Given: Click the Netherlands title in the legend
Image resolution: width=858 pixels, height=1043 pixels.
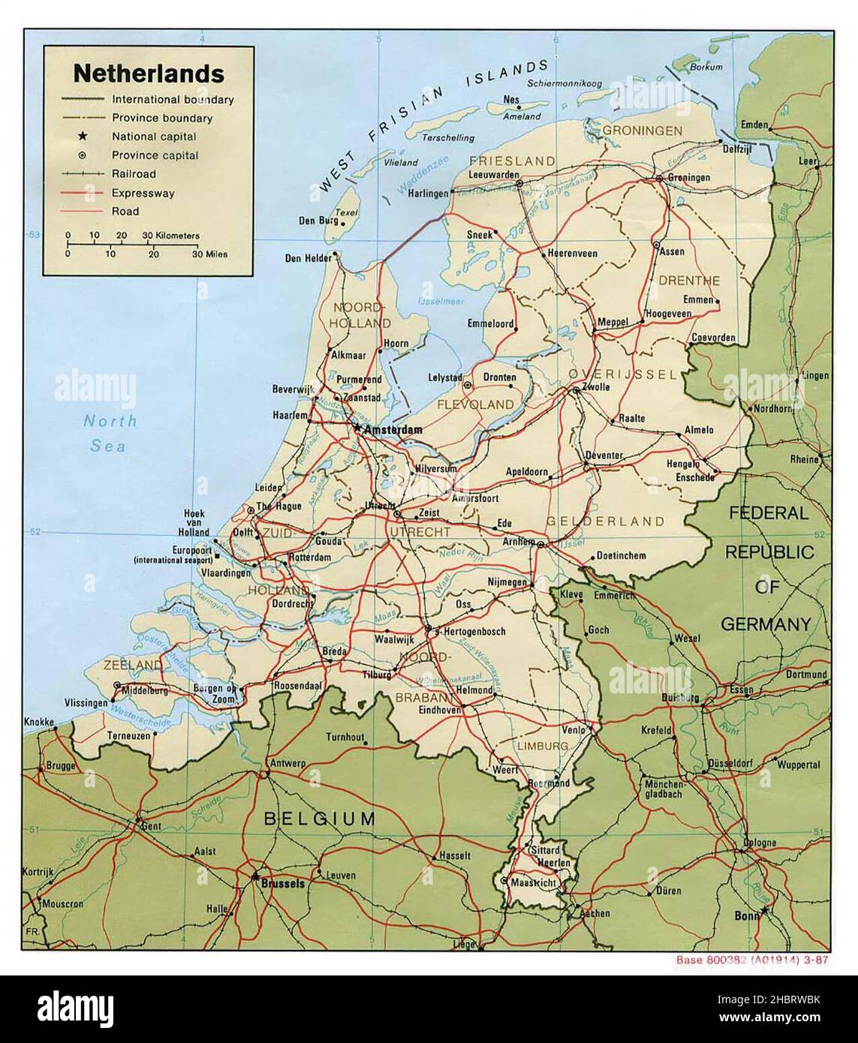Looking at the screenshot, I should pos(148,74).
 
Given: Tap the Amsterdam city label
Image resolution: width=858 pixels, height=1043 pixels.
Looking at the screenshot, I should pos(392,431).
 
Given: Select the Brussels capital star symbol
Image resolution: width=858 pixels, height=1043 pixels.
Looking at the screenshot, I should pos(256,875).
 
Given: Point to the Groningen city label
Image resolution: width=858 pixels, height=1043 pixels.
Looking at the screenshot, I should pos(688,178).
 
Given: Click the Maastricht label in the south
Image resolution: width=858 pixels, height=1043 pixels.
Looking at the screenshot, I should pos(532,884).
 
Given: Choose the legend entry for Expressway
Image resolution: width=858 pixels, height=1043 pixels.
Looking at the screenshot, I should pos(143,193).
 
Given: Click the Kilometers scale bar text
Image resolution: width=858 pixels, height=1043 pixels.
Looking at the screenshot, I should pos(173,236).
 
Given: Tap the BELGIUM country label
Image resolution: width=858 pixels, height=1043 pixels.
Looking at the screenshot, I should pos(319,819).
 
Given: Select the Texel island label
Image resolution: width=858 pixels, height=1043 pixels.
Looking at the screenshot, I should pos(345,212).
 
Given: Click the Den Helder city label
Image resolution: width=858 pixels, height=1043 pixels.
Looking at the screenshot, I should pos(306,259).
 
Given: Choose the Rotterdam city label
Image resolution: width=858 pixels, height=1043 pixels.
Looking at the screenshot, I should pos(310,558).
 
